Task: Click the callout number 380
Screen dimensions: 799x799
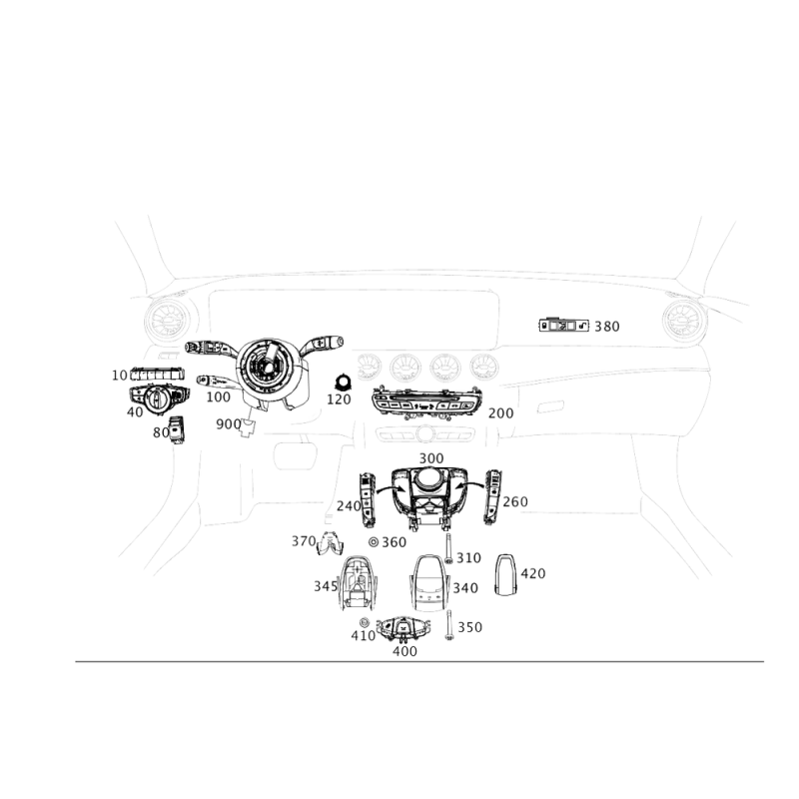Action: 607,327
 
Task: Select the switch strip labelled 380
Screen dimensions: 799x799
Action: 563,326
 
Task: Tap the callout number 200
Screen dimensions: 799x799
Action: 500,413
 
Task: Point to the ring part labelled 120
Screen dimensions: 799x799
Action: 343,383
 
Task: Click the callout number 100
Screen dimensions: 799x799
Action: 218,397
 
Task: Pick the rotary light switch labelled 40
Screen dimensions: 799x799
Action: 159,399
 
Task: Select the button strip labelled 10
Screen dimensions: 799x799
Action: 157,374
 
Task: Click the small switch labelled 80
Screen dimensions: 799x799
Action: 177,430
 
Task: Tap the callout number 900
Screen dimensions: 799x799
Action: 229,423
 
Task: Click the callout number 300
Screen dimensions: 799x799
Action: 431,458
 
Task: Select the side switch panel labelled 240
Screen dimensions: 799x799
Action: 368,500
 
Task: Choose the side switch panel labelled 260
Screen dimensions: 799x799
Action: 492,497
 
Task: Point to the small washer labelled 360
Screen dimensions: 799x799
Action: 374,542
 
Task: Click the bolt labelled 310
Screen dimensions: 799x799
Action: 448,547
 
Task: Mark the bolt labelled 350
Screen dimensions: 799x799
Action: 448,625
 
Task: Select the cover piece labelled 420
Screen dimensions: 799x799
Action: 505,574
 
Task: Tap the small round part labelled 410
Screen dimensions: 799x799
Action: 364,622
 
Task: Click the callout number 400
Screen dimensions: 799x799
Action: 404,651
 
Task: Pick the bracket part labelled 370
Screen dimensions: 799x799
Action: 330,543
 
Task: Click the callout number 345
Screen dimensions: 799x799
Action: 326,586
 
